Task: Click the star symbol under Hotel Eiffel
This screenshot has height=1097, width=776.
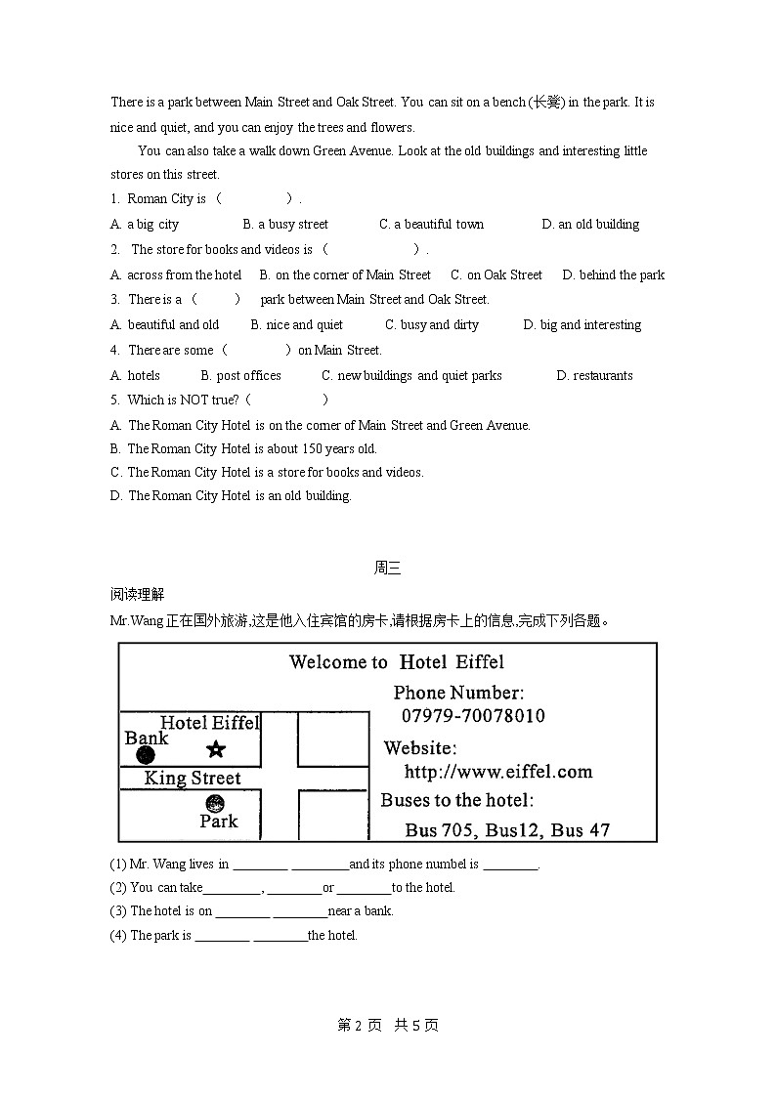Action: (x=216, y=749)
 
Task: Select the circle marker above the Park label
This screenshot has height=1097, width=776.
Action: (x=215, y=804)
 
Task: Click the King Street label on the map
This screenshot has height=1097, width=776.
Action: (x=193, y=779)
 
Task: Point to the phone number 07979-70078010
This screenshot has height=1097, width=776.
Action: (x=473, y=716)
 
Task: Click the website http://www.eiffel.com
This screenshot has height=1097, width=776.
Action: (x=498, y=772)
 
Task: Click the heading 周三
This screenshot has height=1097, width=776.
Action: (x=387, y=568)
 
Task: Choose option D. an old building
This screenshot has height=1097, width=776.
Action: (x=590, y=224)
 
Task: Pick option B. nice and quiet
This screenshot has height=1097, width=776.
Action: (x=297, y=324)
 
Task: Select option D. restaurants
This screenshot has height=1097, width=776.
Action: (x=594, y=375)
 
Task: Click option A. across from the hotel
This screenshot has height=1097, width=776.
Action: (x=176, y=274)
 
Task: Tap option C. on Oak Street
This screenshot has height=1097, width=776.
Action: (x=496, y=274)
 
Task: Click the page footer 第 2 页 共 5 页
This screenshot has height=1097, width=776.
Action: (x=388, y=1025)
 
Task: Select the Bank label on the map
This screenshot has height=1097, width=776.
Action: (x=147, y=738)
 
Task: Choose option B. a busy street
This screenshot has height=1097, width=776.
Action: (x=285, y=224)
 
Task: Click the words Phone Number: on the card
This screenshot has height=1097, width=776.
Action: (x=458, y=693)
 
